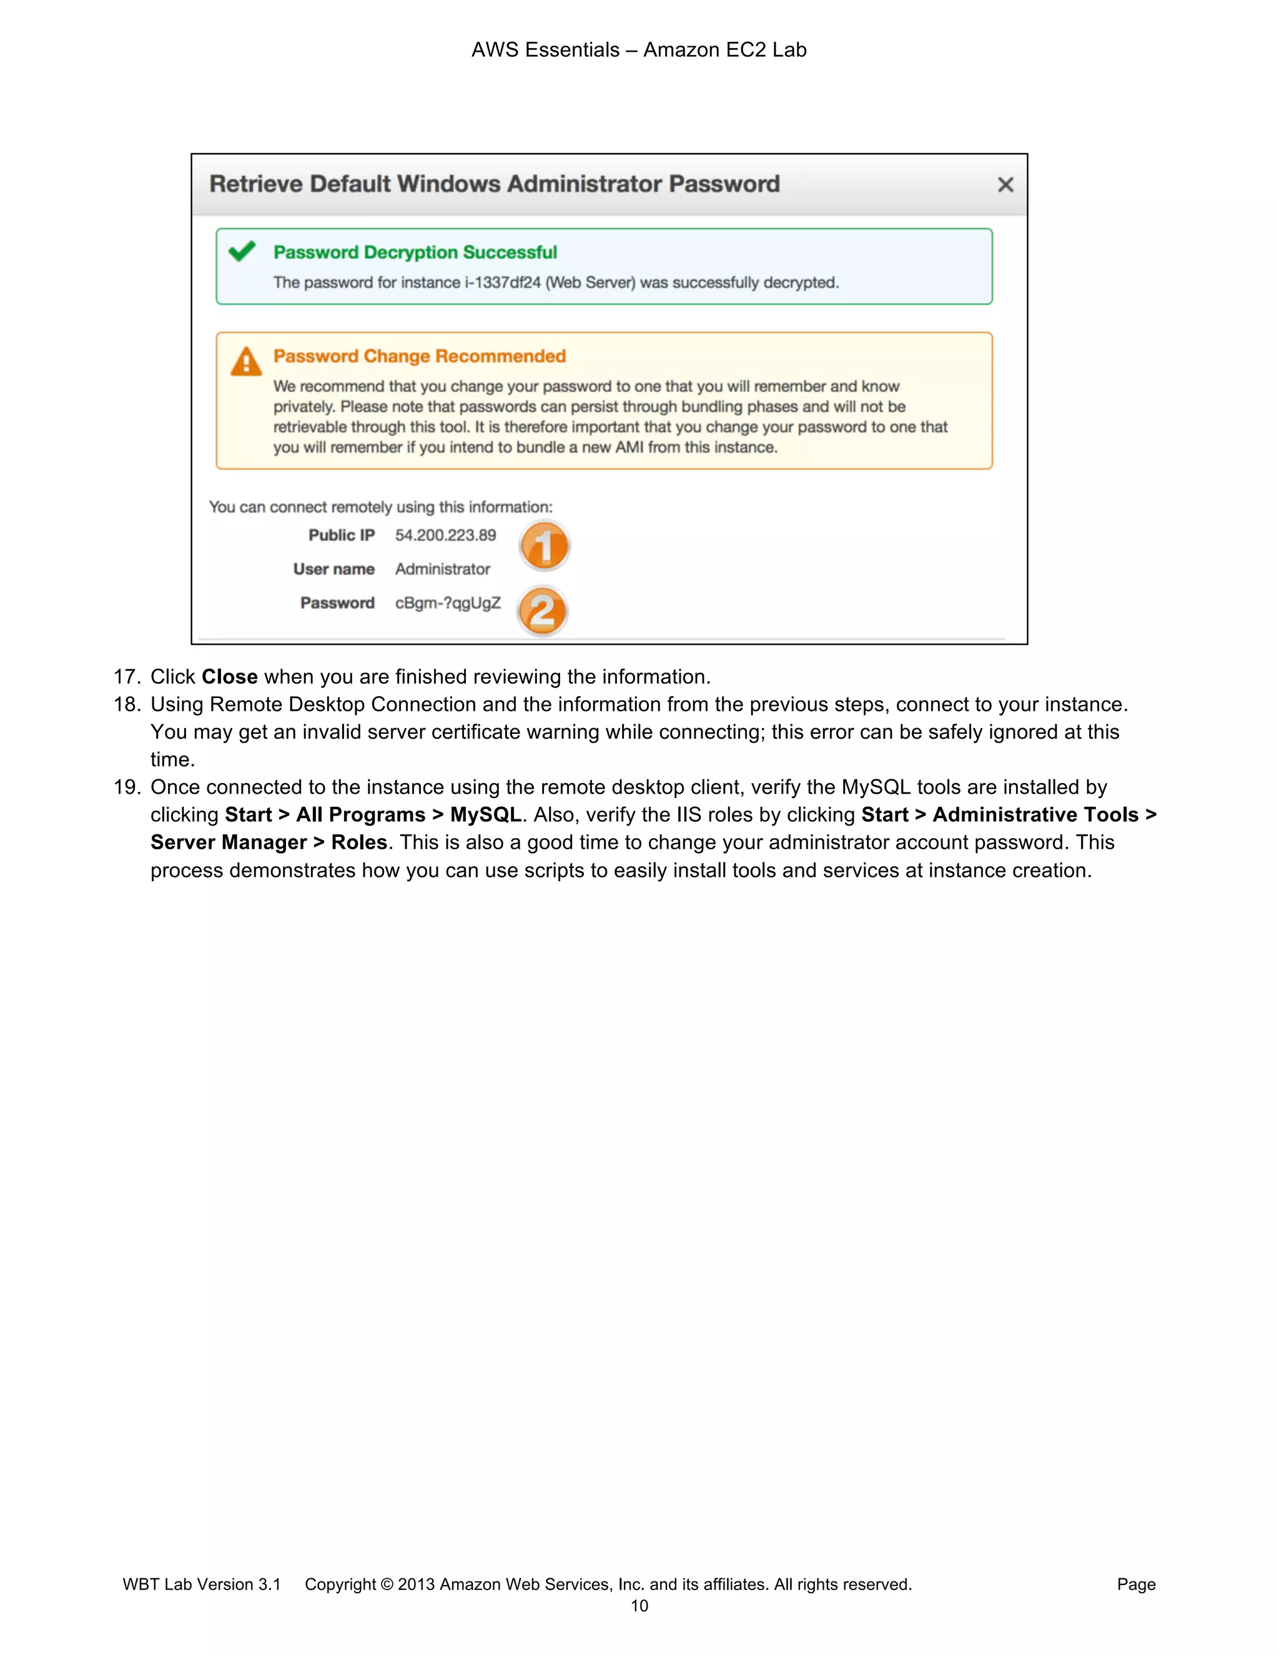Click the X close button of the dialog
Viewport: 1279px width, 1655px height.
[x=1005, y=185]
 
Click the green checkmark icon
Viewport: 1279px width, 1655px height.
[x=242, y=251]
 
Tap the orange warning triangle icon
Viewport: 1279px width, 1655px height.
[x=245, y=362]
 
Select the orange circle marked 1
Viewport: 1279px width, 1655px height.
[x=544, y=546]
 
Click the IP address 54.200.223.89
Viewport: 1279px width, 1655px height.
[x=445, y=535]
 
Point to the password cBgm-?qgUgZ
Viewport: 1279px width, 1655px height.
[x=448, y=603]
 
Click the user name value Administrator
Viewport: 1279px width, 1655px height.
[x=443, y=569]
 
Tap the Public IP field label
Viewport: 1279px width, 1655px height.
[x=341, y=535]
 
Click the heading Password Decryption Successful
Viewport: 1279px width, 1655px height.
[x=415, y=252]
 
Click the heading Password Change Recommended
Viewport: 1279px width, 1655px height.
[x=420, y=356]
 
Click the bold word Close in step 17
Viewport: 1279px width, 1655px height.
[x=230, y=677]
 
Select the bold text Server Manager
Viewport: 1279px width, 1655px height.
[x=228, y=842]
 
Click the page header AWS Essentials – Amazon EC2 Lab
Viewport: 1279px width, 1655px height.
[x=639, y=50]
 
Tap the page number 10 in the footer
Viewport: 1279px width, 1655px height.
[x=639, y=1606]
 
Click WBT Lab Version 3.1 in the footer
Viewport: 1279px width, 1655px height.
[x=202, y=1584]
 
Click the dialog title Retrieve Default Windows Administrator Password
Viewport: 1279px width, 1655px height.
[x=494, y=184]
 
